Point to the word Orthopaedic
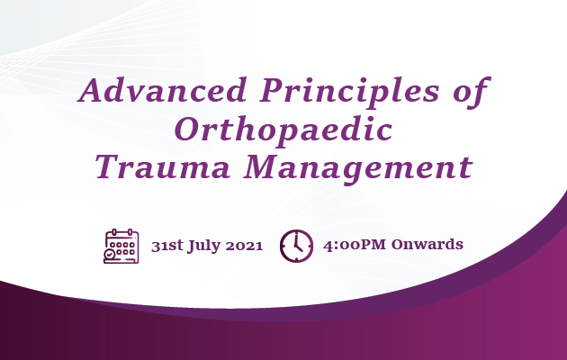pos(283,129)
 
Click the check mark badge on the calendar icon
pos(110,256)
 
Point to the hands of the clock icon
pos(298,244)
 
